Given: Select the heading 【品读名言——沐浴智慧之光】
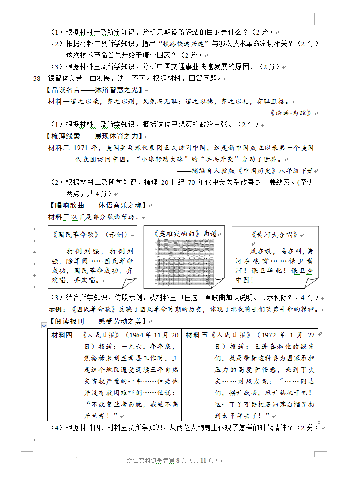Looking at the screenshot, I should (96, 90).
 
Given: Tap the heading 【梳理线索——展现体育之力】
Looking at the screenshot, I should (96, 136).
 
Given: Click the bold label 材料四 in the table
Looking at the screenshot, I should (61, 335).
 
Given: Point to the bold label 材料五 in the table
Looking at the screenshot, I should (196, 335).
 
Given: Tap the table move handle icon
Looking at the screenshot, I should (44, 325).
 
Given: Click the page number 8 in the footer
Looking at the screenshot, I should (177, 460).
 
